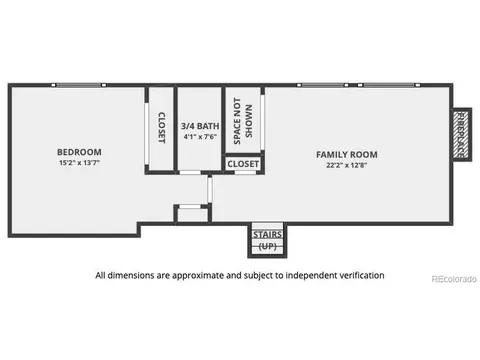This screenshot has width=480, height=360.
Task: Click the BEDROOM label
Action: (x=79, y=152)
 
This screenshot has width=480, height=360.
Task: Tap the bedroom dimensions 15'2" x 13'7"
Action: (x=79, y=163)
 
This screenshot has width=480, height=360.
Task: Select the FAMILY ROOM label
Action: (x=347, y=155)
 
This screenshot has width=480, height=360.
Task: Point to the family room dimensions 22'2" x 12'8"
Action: (x=347, y=165)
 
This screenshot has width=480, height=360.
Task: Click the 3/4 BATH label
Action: (x=200, y=126)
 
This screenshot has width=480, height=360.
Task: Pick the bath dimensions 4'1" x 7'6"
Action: (x=200, y=137)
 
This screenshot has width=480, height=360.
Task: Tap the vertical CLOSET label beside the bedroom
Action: (x=161, y=128)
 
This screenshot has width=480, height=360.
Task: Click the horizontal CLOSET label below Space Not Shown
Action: (x=243, y=164)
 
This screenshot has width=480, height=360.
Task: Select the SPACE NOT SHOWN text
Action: (x=243, y=121)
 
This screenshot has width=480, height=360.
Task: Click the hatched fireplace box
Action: (x=461, y=135)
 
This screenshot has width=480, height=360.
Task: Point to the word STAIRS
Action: (x=267, y=234)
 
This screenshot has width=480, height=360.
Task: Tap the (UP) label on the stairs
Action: (x=267, y=246)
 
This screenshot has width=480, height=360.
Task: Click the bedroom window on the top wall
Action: (x=78, y=85)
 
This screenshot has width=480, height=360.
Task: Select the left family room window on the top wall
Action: (x=323, y=85)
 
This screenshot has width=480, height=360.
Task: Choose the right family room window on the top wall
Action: (x=389, y=85)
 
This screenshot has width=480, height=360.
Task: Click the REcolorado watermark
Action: (x=454, y=279)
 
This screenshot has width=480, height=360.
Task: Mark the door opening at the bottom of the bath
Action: (x=190, y=172)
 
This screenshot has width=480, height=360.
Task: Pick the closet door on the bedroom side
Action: (x=146, y=133)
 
